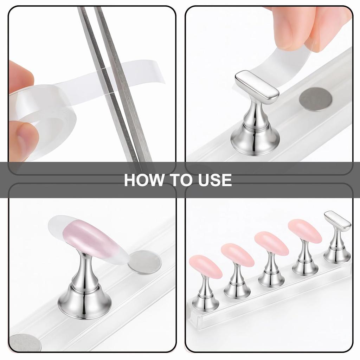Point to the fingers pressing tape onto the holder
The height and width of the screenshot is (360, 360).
tap(309, 25)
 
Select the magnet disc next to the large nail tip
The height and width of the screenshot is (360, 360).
tap(144, 262)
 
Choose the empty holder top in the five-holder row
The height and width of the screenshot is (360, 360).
tap(337, 221)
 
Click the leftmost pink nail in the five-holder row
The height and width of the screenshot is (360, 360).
tap(205, 267)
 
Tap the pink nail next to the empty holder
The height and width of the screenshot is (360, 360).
tap(305, 231)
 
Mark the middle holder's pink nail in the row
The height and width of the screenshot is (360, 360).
tap(271, 243)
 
